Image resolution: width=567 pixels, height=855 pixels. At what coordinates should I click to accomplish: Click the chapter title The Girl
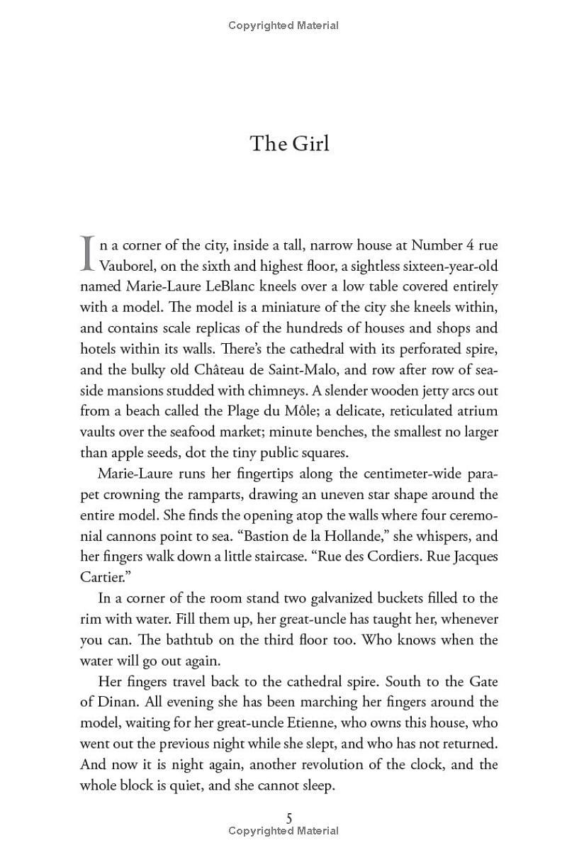click(x=289, y=144)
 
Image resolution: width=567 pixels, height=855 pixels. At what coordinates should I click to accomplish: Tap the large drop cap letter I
click(x=87, y=254)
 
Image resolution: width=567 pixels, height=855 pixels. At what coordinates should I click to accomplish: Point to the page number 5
click(x=289, y=818)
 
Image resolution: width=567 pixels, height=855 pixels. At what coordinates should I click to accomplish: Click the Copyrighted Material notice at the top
click(x=283, y=26)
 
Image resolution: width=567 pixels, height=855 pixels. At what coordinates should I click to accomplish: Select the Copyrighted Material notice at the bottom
click(x=283, y=831)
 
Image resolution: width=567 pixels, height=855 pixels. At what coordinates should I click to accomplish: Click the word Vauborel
click(x=125, y=266)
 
